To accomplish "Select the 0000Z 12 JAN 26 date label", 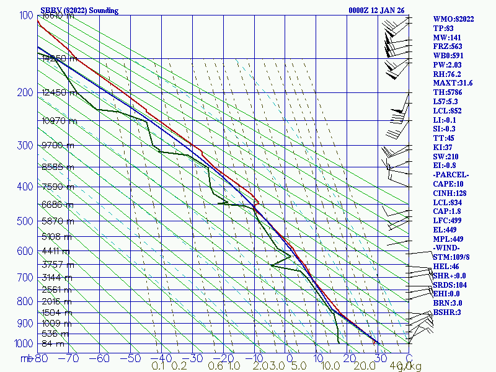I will click(x=378, y=11).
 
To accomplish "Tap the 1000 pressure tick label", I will click(x=22, y=343).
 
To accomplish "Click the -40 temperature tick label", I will click(x=161, y=358).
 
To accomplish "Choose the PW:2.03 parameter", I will click(x=447, y=64).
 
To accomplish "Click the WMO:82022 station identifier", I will click(x=453, y=19).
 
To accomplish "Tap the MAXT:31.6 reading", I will click(x=453, y=83).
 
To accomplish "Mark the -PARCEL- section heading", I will click(x=451, y=175).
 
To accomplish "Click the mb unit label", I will click(x=27, y=358).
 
